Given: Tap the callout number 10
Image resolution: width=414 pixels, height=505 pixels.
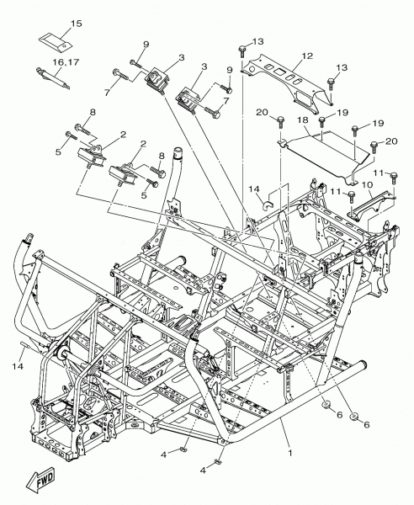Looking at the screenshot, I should (x=367, y=184).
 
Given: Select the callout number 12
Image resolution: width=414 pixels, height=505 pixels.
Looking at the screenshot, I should (x=308, y=56).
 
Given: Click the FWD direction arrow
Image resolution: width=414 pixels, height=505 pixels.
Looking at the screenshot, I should (x=39, y=481).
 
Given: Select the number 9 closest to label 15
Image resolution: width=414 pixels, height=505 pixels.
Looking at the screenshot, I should (x=146, y=44).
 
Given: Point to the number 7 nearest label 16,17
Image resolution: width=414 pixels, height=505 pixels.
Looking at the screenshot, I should (x=107, y=92).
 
